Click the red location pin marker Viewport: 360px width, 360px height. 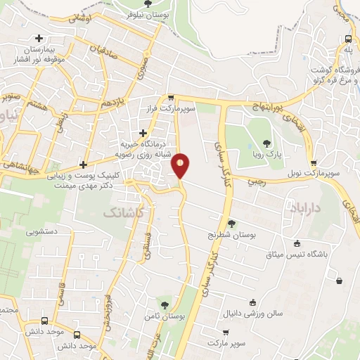pyautogui.click(x=181, y=165)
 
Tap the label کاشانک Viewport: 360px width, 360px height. pyautogui.click(x=123, y=211)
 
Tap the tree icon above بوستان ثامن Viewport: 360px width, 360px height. pyautogui.click(x=165, y=305)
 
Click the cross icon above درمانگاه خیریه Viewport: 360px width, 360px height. pyautogui.click(x=143, y=132)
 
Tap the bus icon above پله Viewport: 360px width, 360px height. pyautogui.click(x=347, y=39)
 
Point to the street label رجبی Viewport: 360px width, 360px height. pyautogui.click(x=254, y=181)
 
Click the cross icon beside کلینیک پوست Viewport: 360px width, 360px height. pyautogui.click(x=84, y=165)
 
